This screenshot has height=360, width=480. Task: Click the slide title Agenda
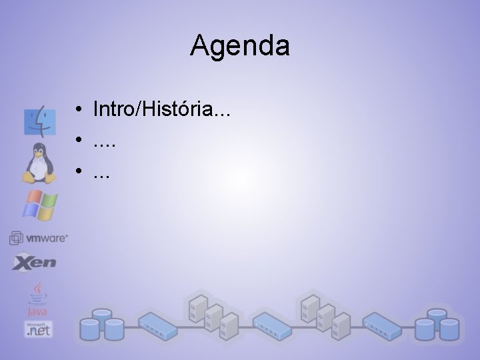pyautogui.click(x=239, y=46)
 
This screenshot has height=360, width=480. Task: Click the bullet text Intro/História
pyautogui.click(x=162, y=108)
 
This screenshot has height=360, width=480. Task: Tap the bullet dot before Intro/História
pyautogui.click(x=79, y=109)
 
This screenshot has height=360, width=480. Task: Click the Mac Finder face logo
pyautogui.click(x=39, y=121)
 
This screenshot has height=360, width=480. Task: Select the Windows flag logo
pyautogui.click(x=39, y=205)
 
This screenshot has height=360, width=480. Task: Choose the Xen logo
pyautogui.click(x=34, y=262)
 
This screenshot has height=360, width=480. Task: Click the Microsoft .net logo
pyautogui.click(x=38, y=328)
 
